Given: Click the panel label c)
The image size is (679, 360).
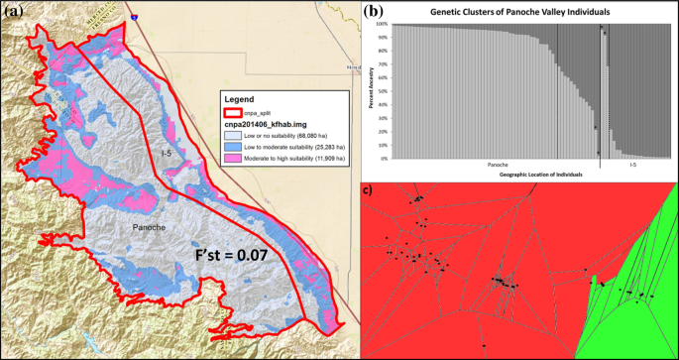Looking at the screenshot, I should tap(367, 189).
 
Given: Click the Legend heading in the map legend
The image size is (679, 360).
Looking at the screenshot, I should tap(241, 99).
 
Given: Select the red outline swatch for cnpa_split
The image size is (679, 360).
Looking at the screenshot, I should tap(232, 114).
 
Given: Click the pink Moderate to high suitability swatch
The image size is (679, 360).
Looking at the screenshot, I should tap(232, 159).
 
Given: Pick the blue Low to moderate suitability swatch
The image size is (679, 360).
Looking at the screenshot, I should tap(232, 147).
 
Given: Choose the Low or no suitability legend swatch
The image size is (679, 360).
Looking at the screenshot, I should tap(232, 136).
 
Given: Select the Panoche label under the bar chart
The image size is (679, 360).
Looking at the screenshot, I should tap(499, 165).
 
